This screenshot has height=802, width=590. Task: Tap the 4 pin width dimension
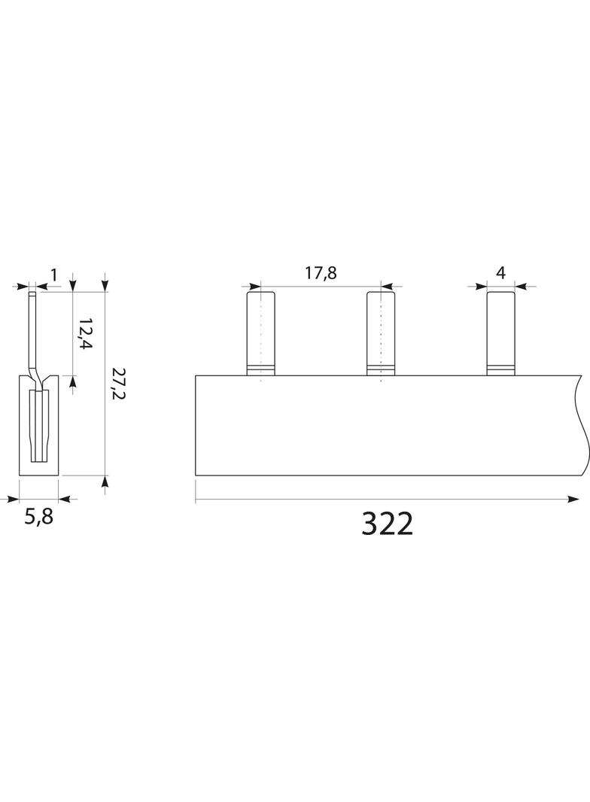point(500,272)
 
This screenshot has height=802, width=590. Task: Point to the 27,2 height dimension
point(117,384)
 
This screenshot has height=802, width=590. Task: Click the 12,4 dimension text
point(86,333)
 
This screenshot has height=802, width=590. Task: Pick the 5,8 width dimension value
point(39,517)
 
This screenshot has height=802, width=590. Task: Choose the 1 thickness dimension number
point(53,275)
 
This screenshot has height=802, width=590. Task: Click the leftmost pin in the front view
point(261,333)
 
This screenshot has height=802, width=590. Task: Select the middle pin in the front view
point(381,333)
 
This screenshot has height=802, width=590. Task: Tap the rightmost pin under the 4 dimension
point(500,333)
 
